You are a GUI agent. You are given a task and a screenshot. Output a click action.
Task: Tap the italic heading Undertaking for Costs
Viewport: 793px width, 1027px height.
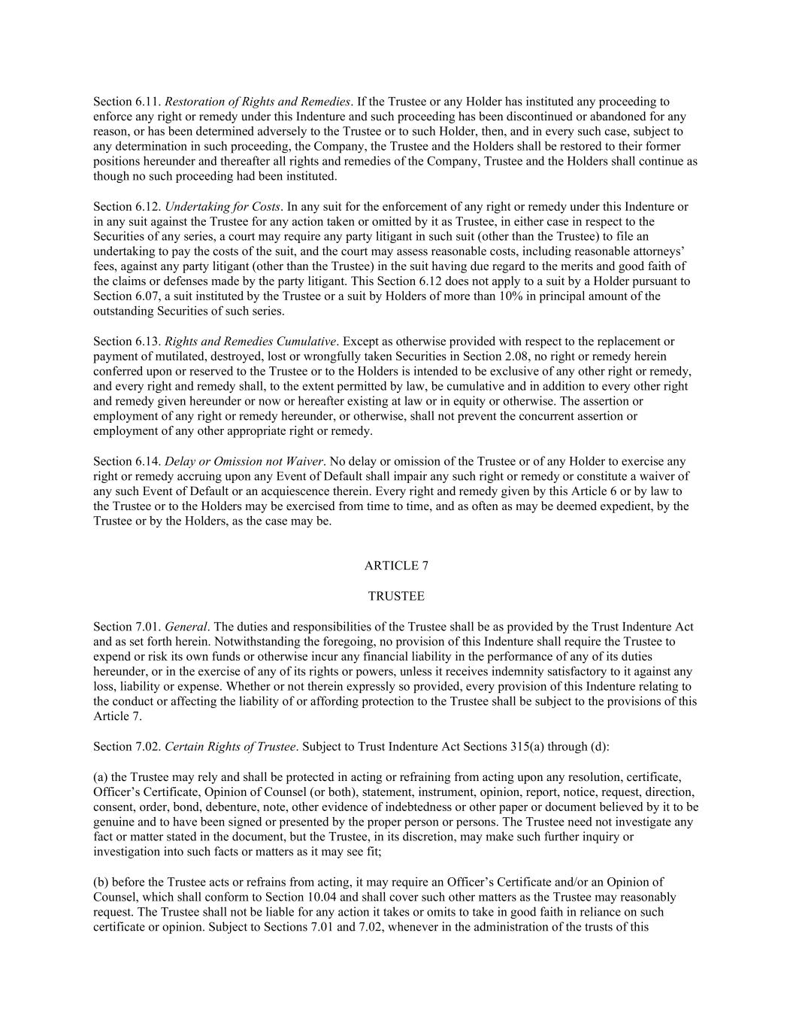(x=222, y=207)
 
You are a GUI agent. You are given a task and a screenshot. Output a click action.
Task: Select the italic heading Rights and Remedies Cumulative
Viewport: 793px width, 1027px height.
(x=250, y=342)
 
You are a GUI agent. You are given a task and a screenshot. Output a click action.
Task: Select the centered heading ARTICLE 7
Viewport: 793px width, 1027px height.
(x=396, y=566)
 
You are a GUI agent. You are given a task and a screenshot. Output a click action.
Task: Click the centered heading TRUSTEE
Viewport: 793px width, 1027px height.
(x=396, y=597)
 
